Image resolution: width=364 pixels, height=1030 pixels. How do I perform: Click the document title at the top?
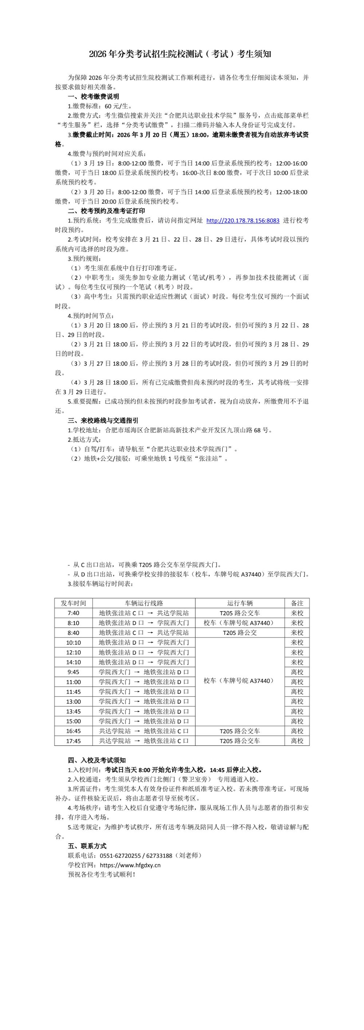pos(180,54)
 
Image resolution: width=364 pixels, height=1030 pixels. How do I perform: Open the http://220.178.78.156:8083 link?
pos(243,220)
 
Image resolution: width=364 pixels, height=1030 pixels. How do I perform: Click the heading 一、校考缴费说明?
pos(94,96)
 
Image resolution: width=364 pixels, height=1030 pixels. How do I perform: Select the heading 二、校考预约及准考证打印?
pos(106,211)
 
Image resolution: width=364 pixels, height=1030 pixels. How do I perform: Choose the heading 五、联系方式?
pos(87,846)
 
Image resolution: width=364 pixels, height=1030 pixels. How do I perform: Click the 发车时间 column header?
pos(73,603)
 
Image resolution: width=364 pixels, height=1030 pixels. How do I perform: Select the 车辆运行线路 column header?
pos(144,603)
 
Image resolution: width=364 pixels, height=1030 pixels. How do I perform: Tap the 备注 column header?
pos(297,603)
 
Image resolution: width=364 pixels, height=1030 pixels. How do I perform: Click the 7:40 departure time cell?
pos(73,613)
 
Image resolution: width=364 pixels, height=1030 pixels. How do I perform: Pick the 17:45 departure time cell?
pos(73,741)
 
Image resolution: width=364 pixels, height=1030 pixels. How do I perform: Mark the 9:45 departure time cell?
pos(73,672)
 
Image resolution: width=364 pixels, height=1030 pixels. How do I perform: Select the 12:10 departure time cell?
pos(73,652)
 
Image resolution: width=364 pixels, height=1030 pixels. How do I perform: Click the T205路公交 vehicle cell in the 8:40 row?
pos(240,633)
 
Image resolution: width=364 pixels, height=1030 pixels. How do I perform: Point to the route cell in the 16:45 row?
pos(144,731)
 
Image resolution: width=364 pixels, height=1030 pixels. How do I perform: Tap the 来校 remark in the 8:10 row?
pos(297,623)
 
